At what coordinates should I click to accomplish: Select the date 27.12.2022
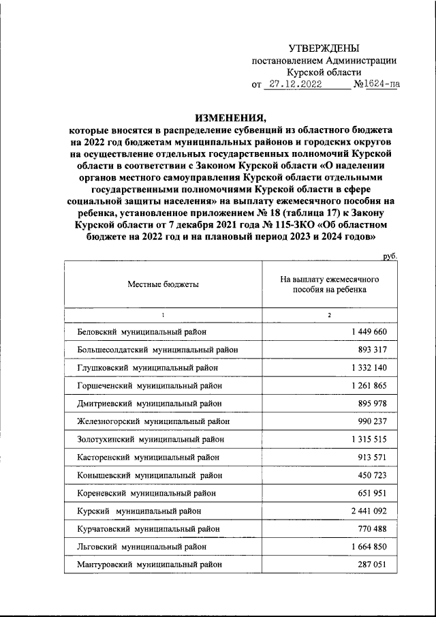coord(295,85)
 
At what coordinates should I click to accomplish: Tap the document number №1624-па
coord(376,85)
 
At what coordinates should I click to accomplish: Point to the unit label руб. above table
coord(389,256)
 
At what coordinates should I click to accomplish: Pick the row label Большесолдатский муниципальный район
coord(158,350)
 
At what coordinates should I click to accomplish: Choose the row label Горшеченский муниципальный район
coord(150,385)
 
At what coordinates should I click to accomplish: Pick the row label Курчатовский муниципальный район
coord(149,528)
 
